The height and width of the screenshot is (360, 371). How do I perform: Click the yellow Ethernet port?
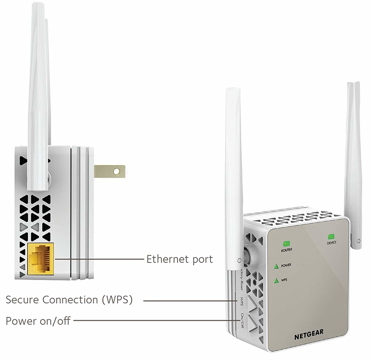coord(40,259)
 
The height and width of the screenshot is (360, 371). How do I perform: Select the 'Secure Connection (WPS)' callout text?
coord(69,300)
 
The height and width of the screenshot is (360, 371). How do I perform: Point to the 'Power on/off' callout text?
coord(38,321)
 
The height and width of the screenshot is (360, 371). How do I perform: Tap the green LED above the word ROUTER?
coord(286,243)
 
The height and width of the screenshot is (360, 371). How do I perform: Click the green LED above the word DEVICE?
coord(331,237)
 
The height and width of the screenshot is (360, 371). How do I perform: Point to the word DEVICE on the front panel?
coord(332,243)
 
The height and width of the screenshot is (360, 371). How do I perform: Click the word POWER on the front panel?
coord(286,265)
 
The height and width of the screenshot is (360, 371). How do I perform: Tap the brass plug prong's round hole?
coord(116,172)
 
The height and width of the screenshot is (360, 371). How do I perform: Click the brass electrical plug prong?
coord(109,172)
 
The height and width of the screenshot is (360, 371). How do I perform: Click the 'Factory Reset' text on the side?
coord(242,280)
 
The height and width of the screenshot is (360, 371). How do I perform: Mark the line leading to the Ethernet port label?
coord(99,259)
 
